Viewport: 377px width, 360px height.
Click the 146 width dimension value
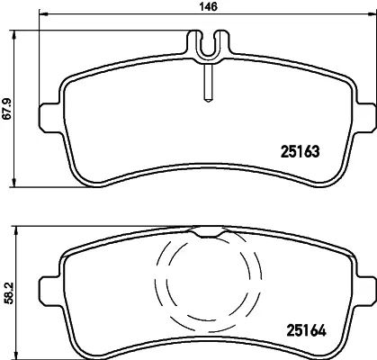(x=209, y=7)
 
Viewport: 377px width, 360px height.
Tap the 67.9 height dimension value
(x=6, y=108)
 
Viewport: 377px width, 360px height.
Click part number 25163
(x=301, y=151)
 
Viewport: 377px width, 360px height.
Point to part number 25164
(x=307, y=330)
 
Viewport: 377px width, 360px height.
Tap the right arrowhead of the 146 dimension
(x=372, y=13)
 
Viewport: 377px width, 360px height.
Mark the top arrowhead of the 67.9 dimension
(x=13, y=35)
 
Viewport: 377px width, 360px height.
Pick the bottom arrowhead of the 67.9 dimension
(x=13, y=183)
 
